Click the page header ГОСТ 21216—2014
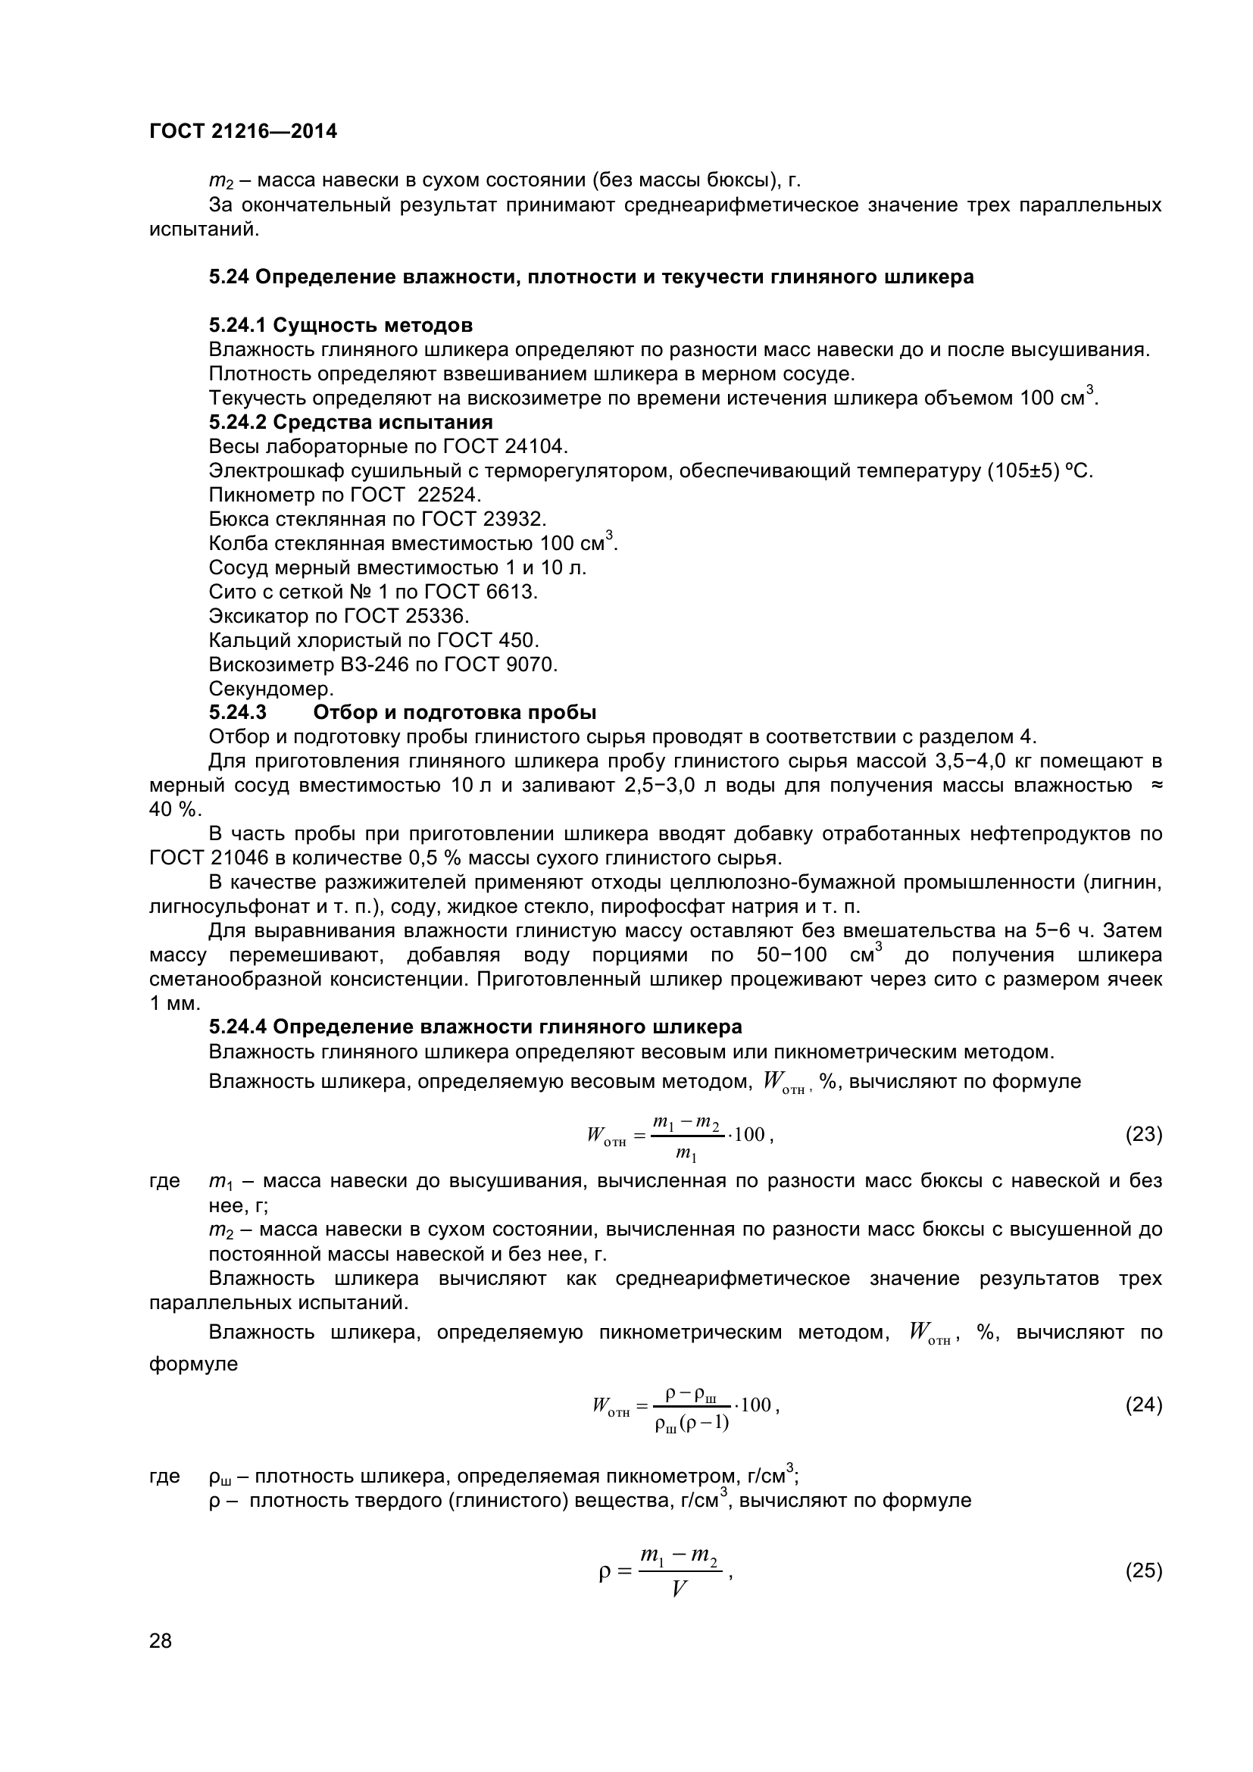[x=243, y=131]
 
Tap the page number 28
[x=161, y=1641]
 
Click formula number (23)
[x=1143, y=1135]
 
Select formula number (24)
[x=1143, y=1405]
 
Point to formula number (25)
[x=1143, y=1570]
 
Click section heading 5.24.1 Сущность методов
[x=340, y=325]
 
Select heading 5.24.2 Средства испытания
[x=350, y=422]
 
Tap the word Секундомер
[x=270, y=689]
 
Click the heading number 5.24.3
[x=238, y=712]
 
